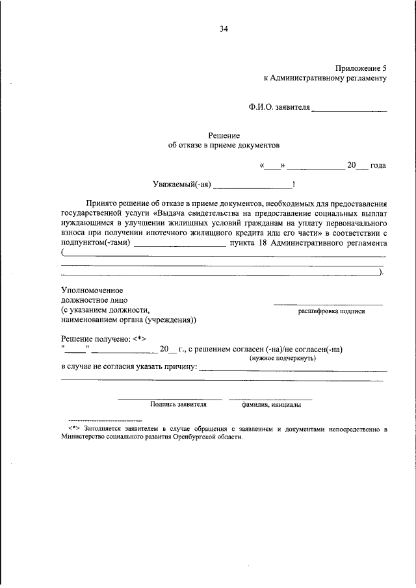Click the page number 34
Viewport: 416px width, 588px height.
(224, 29)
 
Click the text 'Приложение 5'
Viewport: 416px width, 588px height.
(361, 68)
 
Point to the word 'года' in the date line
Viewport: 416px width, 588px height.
(378, 166)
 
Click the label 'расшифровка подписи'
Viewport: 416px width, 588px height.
(331, 311)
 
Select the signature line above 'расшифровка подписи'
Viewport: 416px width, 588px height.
(328, 304)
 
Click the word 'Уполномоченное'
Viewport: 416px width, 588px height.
(92, 290)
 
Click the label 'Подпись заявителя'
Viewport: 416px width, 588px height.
(178, 404)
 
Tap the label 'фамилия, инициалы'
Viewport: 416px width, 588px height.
(270, 404)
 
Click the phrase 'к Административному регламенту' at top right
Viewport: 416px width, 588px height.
(324, 78)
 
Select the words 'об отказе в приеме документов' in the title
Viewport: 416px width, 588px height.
(223, 146)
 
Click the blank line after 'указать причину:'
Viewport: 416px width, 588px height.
(292, 370)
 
